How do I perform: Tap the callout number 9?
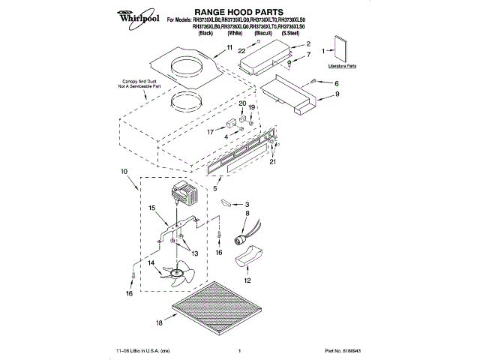337,94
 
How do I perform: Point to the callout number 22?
242,50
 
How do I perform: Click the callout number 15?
151,208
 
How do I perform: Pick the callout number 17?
211,132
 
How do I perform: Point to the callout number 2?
307,44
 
